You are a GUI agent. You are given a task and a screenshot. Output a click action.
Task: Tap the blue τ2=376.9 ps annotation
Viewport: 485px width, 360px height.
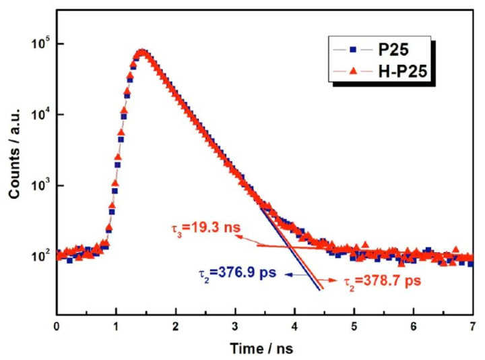(x=229, y=274)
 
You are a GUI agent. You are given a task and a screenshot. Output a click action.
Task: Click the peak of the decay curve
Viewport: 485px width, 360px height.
(x=141, y=52)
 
